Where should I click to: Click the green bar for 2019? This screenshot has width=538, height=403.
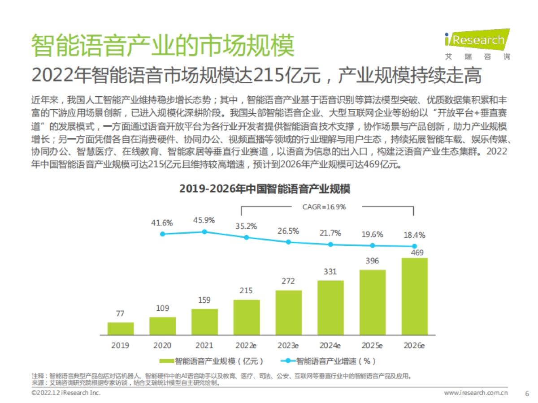coord(120,329)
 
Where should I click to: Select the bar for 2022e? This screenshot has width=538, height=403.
coord(246,317)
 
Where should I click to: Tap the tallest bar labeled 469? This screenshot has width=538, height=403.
coord(414,296)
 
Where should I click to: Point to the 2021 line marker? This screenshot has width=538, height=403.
coord(204,232)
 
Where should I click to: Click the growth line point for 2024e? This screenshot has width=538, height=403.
coord(330,244)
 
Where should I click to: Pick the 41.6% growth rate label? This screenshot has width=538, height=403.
coord(162,223)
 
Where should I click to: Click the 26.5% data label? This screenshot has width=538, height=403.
coord(288,231)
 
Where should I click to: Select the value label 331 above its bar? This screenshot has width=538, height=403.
coord(330,271)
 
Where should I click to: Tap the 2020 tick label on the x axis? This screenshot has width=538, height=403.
coord(162,345)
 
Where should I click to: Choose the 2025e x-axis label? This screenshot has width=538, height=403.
coord(372,345)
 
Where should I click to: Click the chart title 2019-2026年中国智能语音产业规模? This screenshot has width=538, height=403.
coord(265,189)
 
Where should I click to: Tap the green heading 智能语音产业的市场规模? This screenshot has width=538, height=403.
coord(163,45)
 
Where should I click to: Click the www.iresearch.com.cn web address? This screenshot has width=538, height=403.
coord(476,393)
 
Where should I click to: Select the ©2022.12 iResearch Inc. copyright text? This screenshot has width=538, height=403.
coord(66,393)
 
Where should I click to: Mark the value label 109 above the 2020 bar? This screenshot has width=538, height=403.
coord(162,308)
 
